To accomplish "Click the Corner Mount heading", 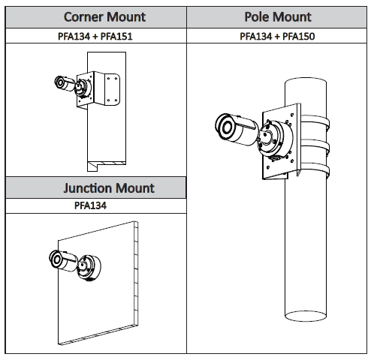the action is point(104,17).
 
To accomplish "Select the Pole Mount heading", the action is point(278,17).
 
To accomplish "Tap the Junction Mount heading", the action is point(109,188).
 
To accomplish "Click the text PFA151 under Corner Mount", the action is point(116,37).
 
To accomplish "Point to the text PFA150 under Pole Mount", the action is point(299,37).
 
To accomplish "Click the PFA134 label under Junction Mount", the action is point(90,205).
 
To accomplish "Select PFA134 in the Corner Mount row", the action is point(74,37).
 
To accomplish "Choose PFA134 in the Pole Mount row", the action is point(256,37).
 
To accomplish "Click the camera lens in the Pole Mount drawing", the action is point(227,127).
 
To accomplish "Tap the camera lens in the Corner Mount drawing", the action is point(60,82).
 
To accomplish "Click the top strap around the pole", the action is point(315,121).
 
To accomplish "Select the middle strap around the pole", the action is point(315,147).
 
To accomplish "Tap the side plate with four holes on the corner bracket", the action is point(112,89).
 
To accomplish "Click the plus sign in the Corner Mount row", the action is point(95,37).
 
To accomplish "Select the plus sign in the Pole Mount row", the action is point(277,37).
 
